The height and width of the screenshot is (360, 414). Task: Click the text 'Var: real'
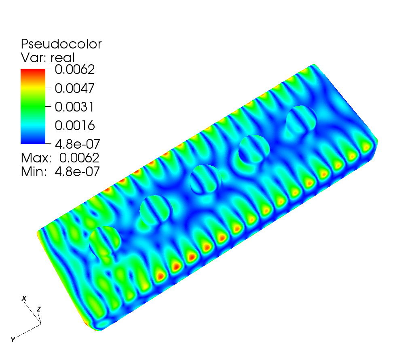click(48, 58)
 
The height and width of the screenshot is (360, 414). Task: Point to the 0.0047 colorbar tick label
click(74, 88)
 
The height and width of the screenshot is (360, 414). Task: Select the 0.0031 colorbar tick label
click(74, 107)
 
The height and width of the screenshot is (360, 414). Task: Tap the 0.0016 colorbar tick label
click(75, 125)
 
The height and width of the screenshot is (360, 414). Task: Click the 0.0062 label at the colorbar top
click(75, 69)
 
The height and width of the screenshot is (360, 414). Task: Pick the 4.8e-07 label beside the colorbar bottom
click(78, 144)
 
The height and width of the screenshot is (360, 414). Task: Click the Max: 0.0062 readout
click(60, 158)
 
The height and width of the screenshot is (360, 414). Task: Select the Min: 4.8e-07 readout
click(60, 172)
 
